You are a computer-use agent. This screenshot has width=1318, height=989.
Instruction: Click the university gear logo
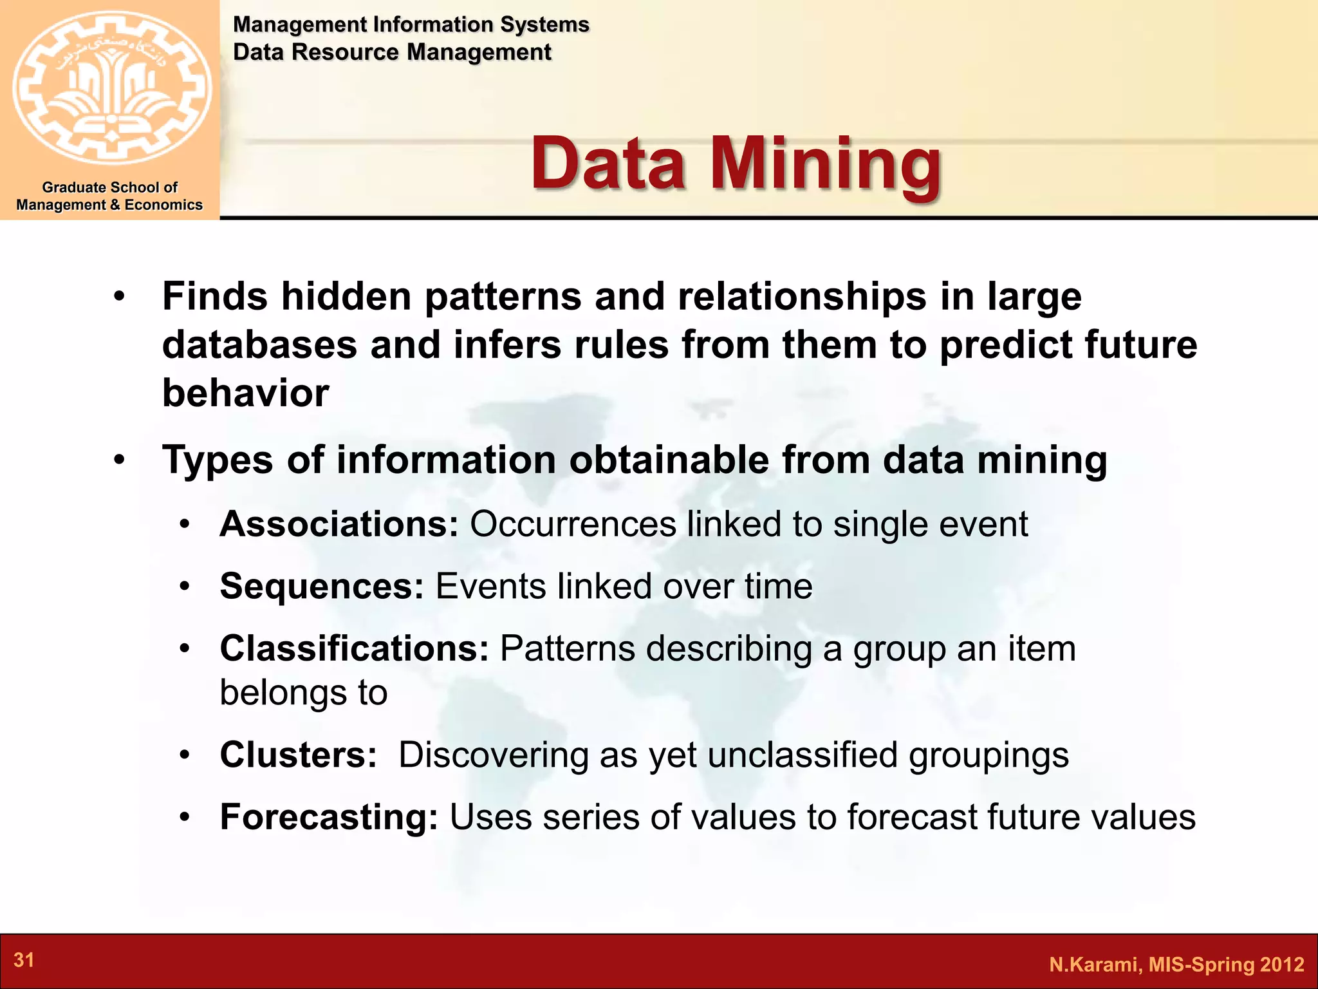111,88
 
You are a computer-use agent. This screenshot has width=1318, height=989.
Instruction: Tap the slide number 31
24,960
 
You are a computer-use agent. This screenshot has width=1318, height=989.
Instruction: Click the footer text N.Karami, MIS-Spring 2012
1176,964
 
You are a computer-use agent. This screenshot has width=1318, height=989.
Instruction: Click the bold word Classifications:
355,648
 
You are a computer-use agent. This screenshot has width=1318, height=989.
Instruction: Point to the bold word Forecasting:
329,817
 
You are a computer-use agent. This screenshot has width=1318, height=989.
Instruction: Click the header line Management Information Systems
411,24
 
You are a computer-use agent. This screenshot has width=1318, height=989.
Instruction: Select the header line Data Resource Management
392,52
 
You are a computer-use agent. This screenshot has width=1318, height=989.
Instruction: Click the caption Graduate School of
109,187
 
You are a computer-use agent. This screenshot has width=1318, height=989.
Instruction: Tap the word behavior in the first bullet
245,393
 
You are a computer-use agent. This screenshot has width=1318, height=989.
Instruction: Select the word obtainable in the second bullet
669,460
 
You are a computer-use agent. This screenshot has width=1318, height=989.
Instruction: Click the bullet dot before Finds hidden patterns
119,297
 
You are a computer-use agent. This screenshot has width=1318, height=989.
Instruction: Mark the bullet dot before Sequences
185,587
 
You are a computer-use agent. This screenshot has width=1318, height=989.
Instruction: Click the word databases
259,344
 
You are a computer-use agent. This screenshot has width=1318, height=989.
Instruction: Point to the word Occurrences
573,524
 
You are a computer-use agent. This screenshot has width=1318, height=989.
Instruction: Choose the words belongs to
303,693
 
